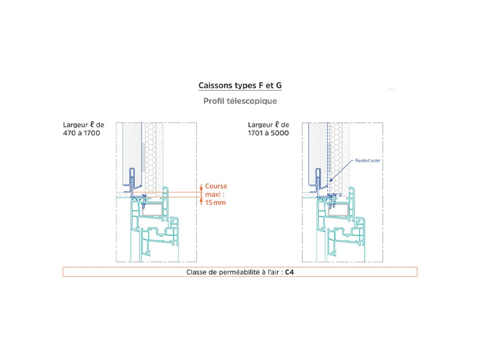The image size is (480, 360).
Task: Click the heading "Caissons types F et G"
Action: point(240,85)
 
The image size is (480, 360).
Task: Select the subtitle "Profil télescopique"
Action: point(240,101)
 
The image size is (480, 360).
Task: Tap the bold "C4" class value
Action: point(289,272)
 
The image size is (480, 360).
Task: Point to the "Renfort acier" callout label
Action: point(367,160)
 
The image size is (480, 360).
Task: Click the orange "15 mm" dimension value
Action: point(215,202)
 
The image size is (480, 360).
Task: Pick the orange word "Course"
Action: point(216,186)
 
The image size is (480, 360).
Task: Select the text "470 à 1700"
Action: point(82,133)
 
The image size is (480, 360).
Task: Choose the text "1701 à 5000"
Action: point(268,133)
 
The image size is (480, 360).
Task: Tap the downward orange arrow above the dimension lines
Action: point(201,188)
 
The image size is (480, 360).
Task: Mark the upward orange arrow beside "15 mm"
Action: point(201,201)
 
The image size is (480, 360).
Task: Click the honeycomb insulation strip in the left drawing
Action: point(150,158)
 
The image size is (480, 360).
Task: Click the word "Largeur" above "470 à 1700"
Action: point(76,125)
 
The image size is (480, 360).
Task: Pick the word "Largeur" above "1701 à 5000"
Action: point(260,125)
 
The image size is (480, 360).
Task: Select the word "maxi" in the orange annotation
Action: point(213,194)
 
